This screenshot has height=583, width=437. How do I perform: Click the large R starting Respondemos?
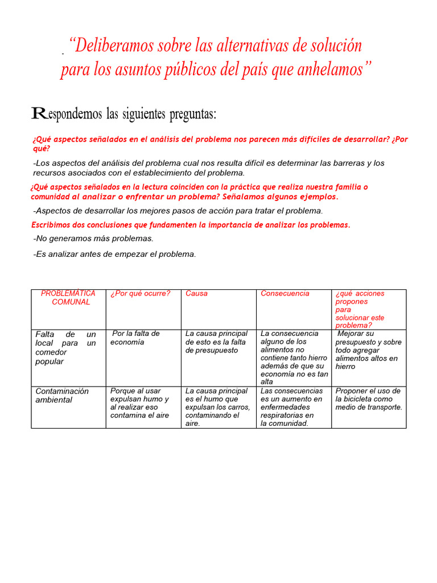38,113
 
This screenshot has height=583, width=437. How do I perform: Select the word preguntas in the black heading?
190,114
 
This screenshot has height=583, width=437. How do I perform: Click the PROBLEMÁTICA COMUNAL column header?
69,298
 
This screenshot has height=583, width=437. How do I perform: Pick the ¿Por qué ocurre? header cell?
141,294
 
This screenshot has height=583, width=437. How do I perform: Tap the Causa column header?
197,294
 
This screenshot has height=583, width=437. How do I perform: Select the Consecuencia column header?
285,294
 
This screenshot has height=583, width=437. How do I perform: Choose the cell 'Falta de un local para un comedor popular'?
65,348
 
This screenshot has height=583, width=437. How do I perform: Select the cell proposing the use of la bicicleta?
369,399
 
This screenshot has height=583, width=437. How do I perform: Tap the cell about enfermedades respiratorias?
291,407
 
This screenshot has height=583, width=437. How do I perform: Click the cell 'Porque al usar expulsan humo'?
140,403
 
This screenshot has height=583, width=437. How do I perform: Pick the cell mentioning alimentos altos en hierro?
368,350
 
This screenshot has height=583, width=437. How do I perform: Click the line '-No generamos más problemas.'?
93,239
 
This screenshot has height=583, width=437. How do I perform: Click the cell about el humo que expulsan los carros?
217,407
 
